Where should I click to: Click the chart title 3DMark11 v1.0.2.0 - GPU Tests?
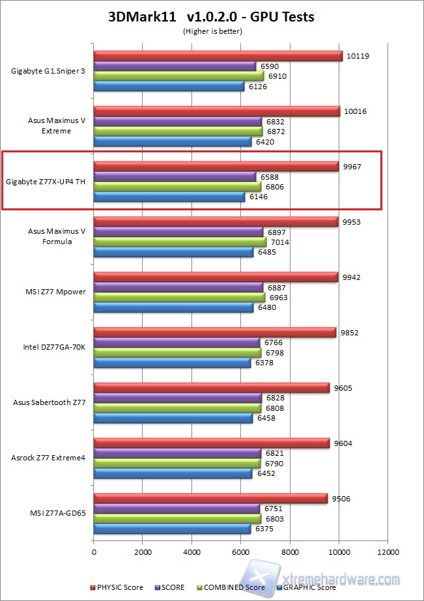click(x=211, y=17)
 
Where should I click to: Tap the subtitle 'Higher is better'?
click(x=211, y=31)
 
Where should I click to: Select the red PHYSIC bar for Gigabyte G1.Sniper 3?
click(x=218, y=56)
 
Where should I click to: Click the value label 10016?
click(x=355, y=111)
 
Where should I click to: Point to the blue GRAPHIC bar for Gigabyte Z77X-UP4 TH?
click(x=169, y=197)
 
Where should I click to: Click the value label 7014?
click(x=280, y=242)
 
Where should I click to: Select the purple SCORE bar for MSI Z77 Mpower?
click(x=178, y=287)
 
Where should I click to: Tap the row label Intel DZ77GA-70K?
click(x=55, y=348)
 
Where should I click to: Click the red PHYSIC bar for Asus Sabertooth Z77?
click(x=212, y=387)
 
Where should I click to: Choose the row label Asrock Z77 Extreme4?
click(x=48, y=458)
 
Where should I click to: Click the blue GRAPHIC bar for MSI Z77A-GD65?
click(x=172, y=529)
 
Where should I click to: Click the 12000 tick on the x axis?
click(x=388, y=552)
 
